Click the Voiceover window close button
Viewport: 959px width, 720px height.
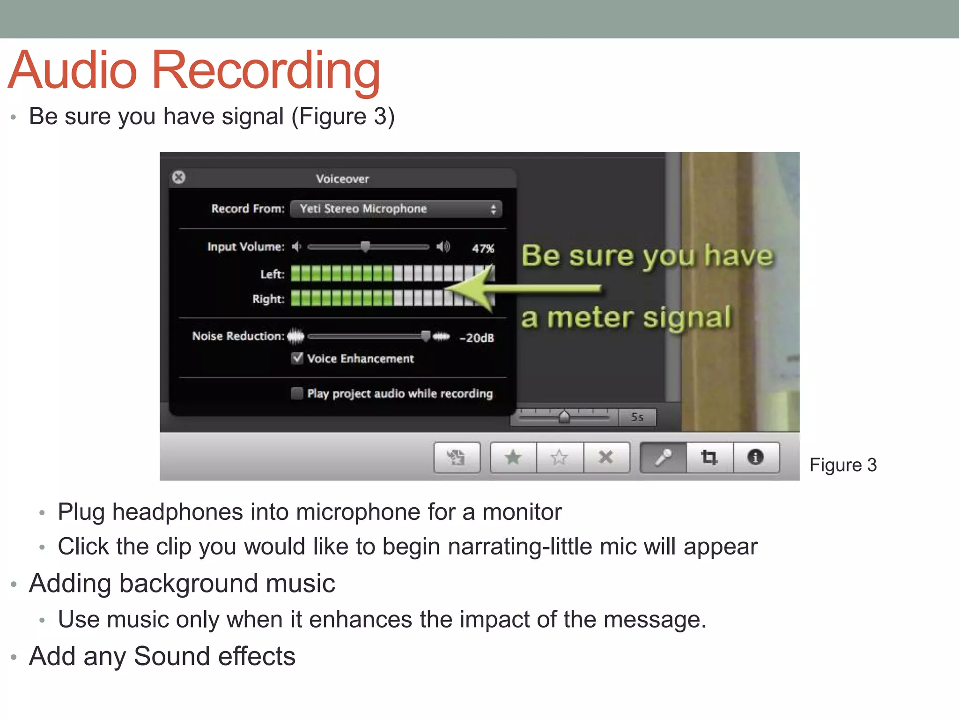[178, 177]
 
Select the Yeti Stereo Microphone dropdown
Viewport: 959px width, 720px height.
[396, 209]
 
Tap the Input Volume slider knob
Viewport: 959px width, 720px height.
[365, 246]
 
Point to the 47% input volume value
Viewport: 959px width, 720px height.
[483, 248]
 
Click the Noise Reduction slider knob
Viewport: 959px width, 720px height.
[425, 336]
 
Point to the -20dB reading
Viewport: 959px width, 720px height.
[477, 338]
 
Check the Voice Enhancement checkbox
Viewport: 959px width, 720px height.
[297, 358]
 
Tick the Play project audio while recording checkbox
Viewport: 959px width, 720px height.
[297, 393]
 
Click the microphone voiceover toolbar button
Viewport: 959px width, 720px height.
[663, 457]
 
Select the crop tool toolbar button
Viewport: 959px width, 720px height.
[709, 457]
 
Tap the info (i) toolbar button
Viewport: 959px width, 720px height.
[755, 457]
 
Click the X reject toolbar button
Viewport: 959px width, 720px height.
[606, 457]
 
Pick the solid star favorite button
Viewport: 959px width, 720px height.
[513, 457]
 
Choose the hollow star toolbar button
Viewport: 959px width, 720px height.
[559, 457]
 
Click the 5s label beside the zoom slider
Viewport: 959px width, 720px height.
[637, 417]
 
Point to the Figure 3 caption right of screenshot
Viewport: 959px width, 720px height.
[843, 465]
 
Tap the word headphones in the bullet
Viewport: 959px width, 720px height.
[177, 512]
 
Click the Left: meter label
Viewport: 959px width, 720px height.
[272, 274]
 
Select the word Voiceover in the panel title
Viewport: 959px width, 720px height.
[342, 179]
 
